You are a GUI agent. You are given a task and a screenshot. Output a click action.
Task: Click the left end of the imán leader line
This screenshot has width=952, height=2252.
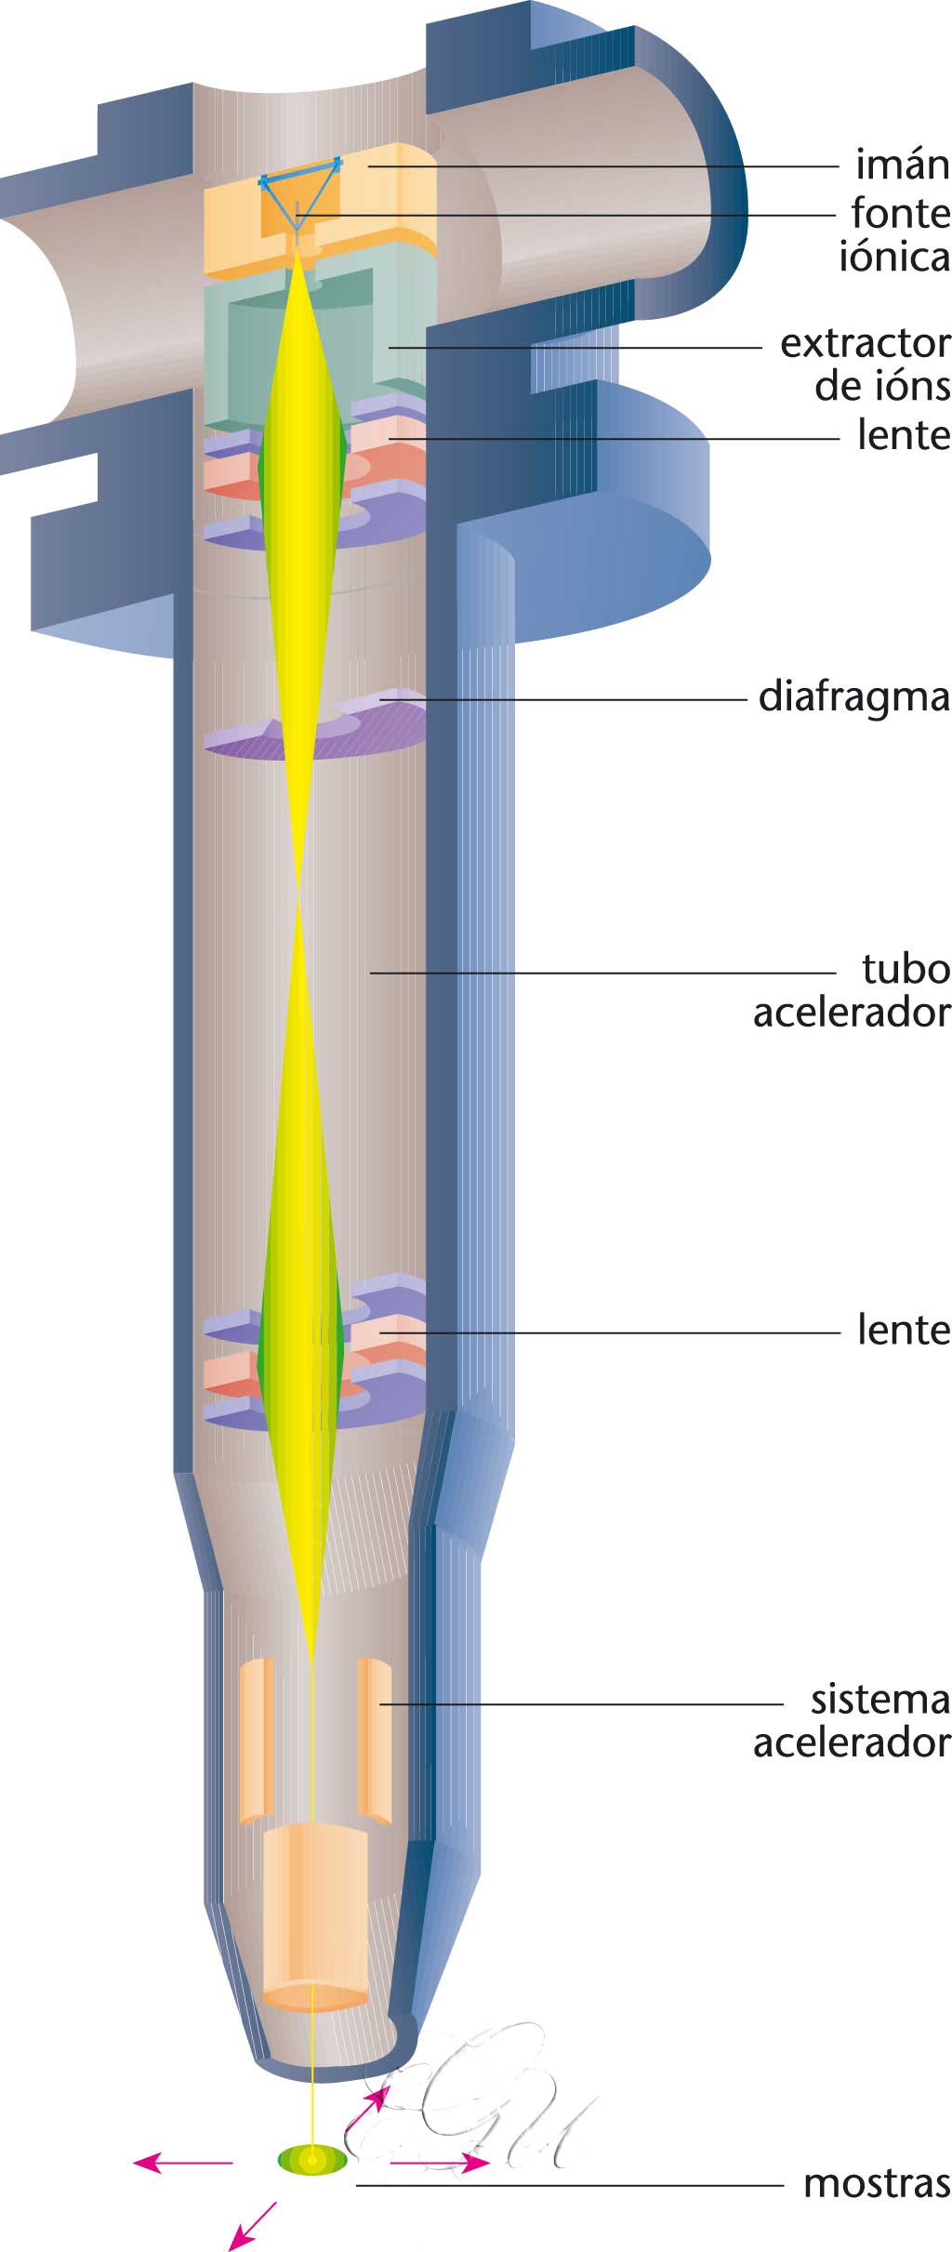click(x=368, y=166)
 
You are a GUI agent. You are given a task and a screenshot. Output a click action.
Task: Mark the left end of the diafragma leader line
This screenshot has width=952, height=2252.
click(x=377, y=697)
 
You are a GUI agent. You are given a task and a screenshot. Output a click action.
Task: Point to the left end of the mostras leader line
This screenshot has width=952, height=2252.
click(x=357, y=2184)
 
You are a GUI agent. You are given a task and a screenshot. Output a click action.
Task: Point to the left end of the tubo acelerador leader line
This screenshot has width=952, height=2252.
click(x=370, y=973)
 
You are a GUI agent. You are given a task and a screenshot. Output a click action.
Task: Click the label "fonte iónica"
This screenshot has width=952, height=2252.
click(x=894, y=235)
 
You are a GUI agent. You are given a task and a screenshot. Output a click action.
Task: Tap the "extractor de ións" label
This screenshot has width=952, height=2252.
click(x=866, y=364)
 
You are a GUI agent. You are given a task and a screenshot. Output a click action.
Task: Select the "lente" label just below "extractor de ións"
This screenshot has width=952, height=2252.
click(x=904, y=435)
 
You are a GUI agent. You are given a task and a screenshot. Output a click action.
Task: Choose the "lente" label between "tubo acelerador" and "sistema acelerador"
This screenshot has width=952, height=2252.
click(x=904, y=1330)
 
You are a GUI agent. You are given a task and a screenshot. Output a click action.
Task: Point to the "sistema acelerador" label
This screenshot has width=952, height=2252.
click(x=852, y=1720)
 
